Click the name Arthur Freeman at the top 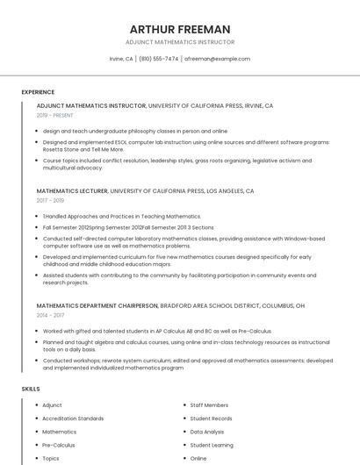pos(179,29)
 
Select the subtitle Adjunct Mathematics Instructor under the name pos(179,41)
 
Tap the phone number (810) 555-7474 pos(159,59)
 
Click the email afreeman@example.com pos(217,59)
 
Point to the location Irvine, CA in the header pos(121,59)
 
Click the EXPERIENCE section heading pos(38,92)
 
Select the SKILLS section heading pos(31,388)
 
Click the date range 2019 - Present pos(55,115)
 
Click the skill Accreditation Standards pos(73,418)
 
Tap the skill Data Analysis pos(207,432)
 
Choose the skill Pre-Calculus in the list pos(59,445)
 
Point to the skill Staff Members pos(209,405)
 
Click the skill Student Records pos(212,418)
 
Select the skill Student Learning pos(212,445)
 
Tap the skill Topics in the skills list pos(51,458)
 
